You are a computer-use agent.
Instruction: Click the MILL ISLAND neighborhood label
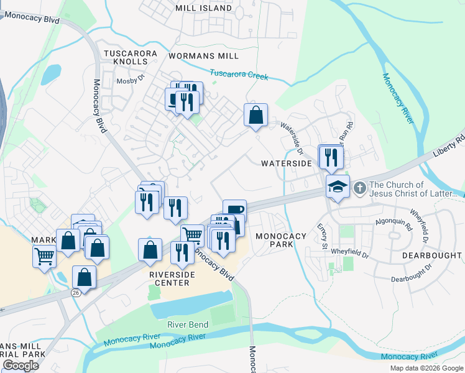(203, 8)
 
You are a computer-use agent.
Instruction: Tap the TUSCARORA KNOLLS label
(130, 58)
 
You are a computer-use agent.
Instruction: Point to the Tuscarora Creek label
(239, 75)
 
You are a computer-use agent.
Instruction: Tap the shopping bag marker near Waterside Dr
(256, 115)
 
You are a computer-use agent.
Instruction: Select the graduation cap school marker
(337, 186)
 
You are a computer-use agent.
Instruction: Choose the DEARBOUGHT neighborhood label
(431, 256)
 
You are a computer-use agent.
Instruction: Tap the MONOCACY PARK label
(281, 241)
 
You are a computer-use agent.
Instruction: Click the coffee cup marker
(234, 210)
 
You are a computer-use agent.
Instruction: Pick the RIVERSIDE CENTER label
(168, 278)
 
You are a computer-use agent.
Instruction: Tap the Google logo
(21, 366)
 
